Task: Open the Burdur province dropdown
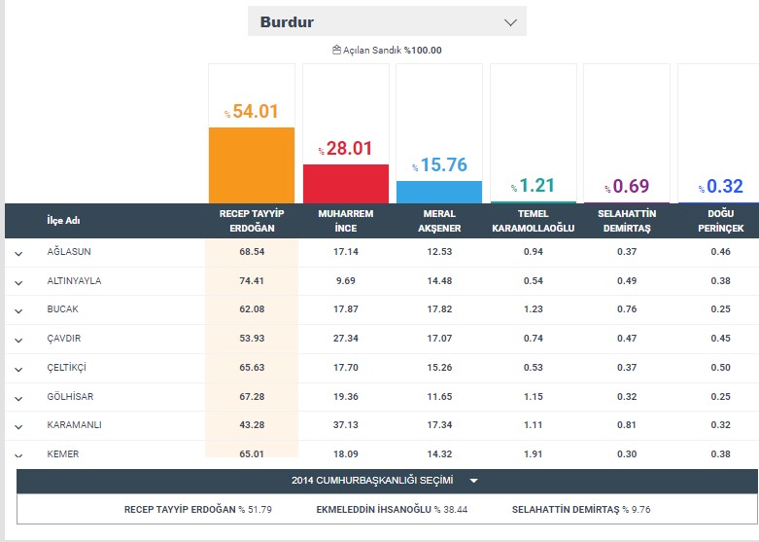pyautogui.click(x=387, y=21)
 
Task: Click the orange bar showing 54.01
pyautogui.click(x=252, y=165)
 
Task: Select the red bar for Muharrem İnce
pyautogui.click(x=345, y=183)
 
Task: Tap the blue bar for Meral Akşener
pyautogui.click(x=439, y=192)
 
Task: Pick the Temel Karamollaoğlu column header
pyautogui.click(x=533, y=221)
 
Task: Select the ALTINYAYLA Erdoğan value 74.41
pyautogui.click(x=252, y=281)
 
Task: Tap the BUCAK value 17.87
pyautogui.click(x=345, y=309)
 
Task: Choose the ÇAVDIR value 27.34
pyautogui.click(x=345, y=339)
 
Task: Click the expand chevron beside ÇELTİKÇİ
pyautogui.click(x=18, y=369)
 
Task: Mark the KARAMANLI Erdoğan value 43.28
pyautogui.click(x=252, y=425)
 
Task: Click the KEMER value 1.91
pyautogui.click(x=533, y=453)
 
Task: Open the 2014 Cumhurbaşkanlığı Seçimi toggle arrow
pyautogui.click(x=473, y=481)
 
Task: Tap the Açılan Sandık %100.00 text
pyautogui.click(x=387, y=51)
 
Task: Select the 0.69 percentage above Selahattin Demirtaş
pyautogui.click(x=626, y=186)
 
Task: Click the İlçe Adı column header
pyautogui.click(x=63, y=221)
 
